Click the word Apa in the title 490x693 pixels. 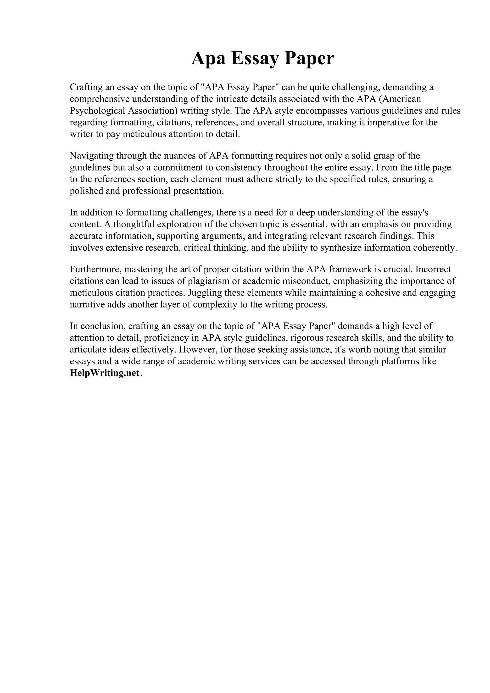208,58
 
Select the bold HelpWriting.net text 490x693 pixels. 105,373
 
